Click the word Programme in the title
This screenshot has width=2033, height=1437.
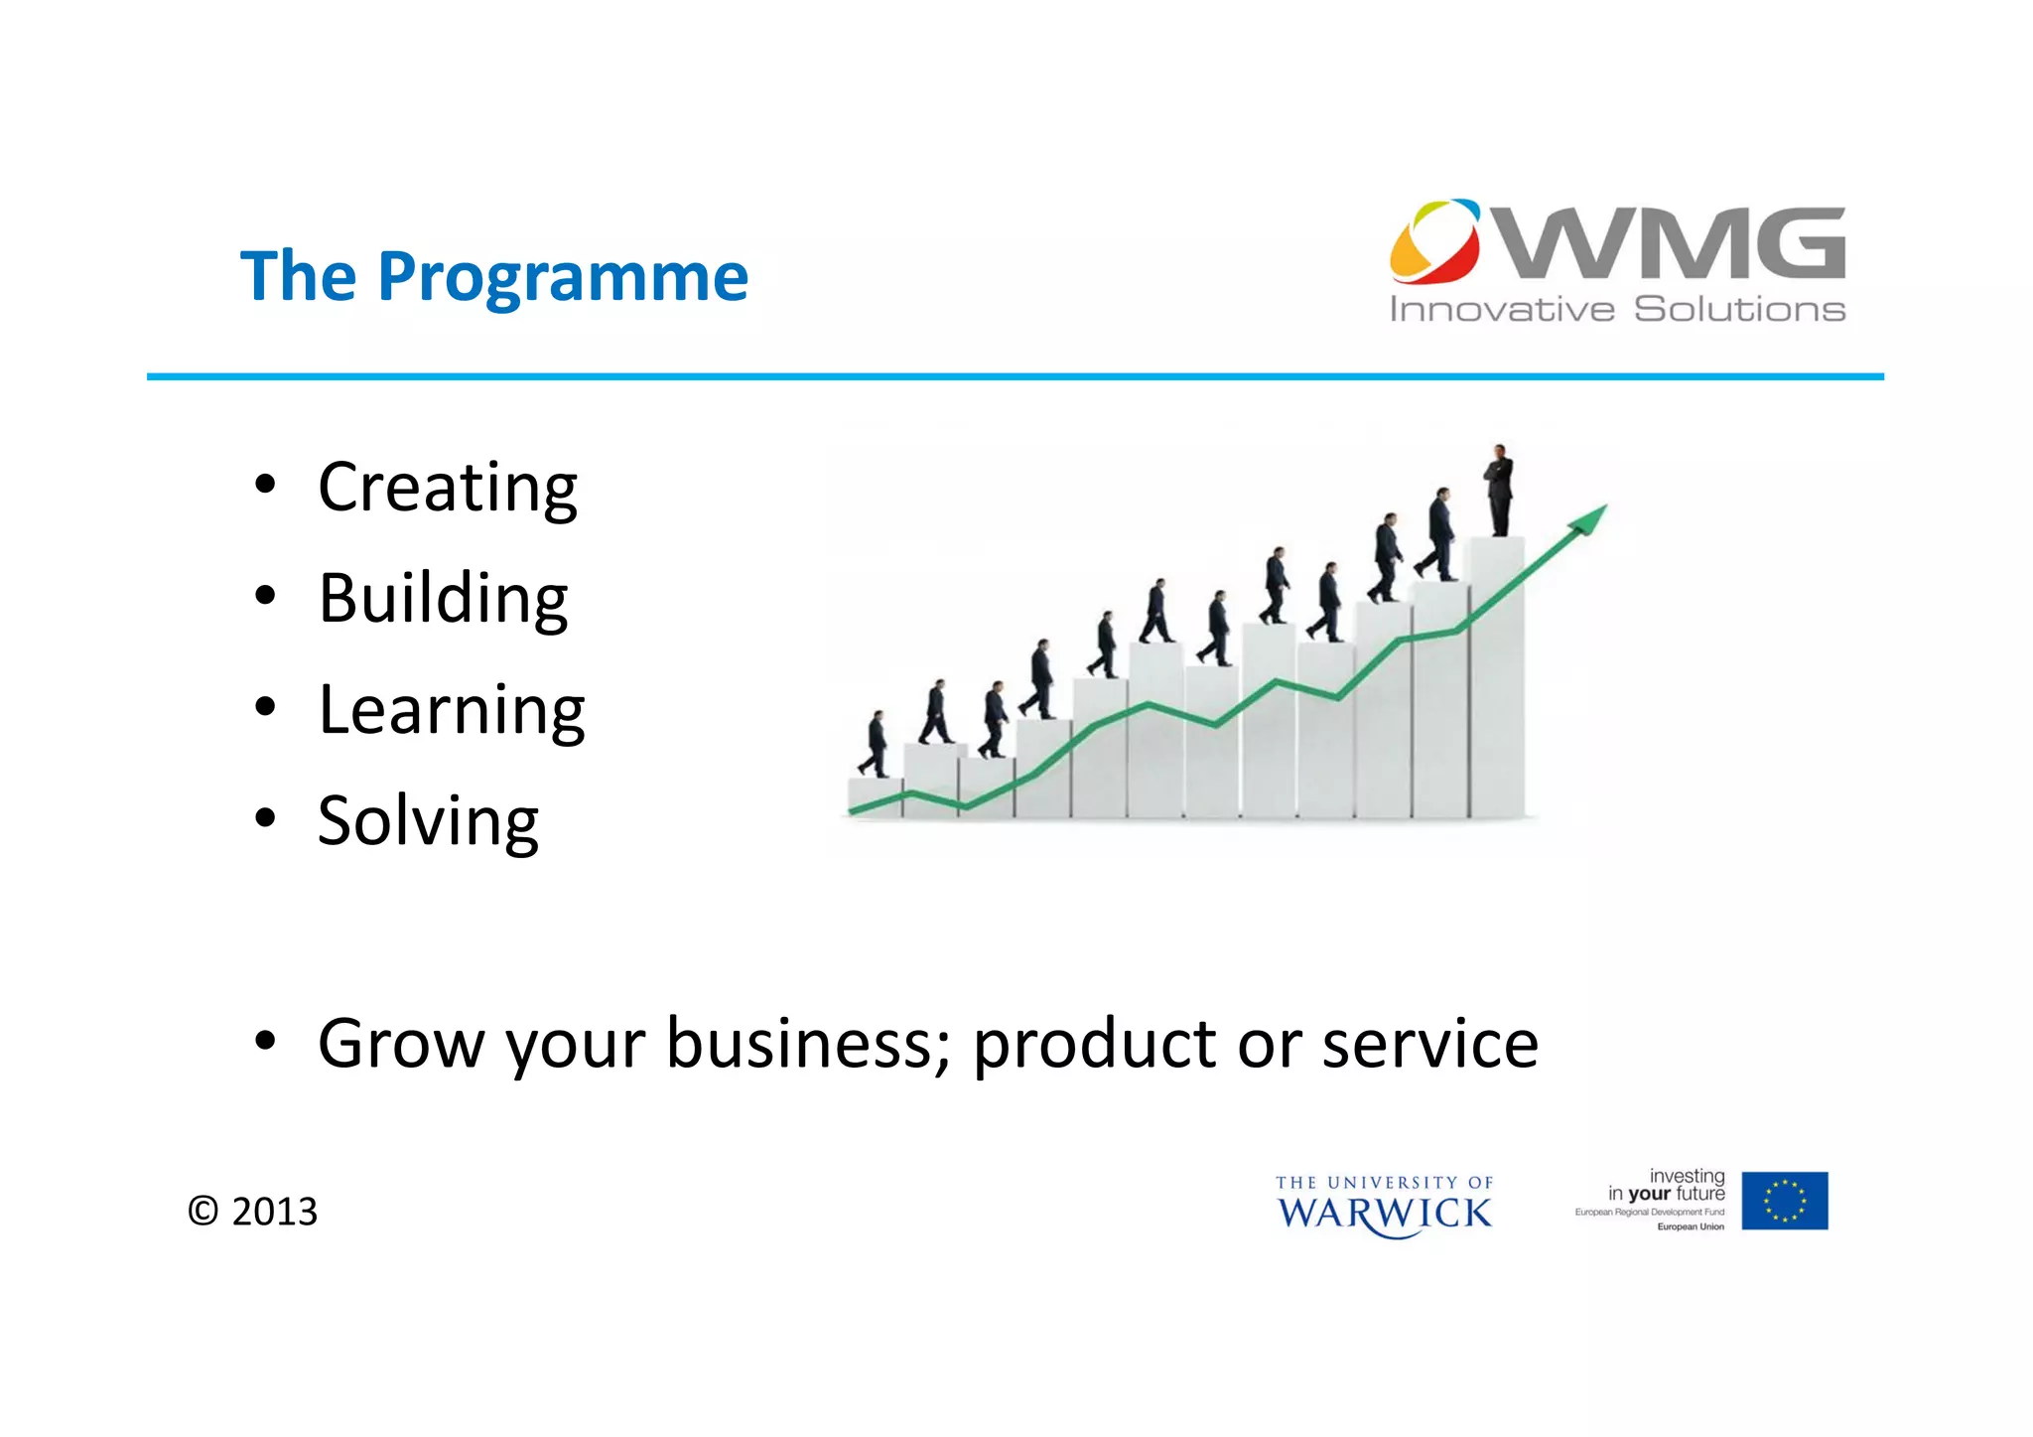click(x=563, y=277)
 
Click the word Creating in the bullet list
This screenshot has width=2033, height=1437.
click(x=447, y=488)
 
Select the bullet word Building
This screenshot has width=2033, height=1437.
click(x=443, y=599)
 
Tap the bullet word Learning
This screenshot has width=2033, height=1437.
click(x=451, y=710)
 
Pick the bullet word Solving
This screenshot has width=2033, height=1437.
click(x=428, y=821)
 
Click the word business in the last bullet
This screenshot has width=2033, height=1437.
click(x=808, y=1044)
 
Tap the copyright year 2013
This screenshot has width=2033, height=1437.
click(x=274, y=1212)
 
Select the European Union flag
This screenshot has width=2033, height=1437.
click(x=1784, y=1201)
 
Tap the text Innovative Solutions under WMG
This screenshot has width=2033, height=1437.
click(x=1616, y=309)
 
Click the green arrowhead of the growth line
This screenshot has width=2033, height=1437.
click(x=1591, y=517)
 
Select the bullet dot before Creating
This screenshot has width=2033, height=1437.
click(x=264, y=486)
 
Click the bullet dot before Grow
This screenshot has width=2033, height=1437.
click(x=264, y=1042)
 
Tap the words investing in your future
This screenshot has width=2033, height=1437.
click(x=1667, y=1185)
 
